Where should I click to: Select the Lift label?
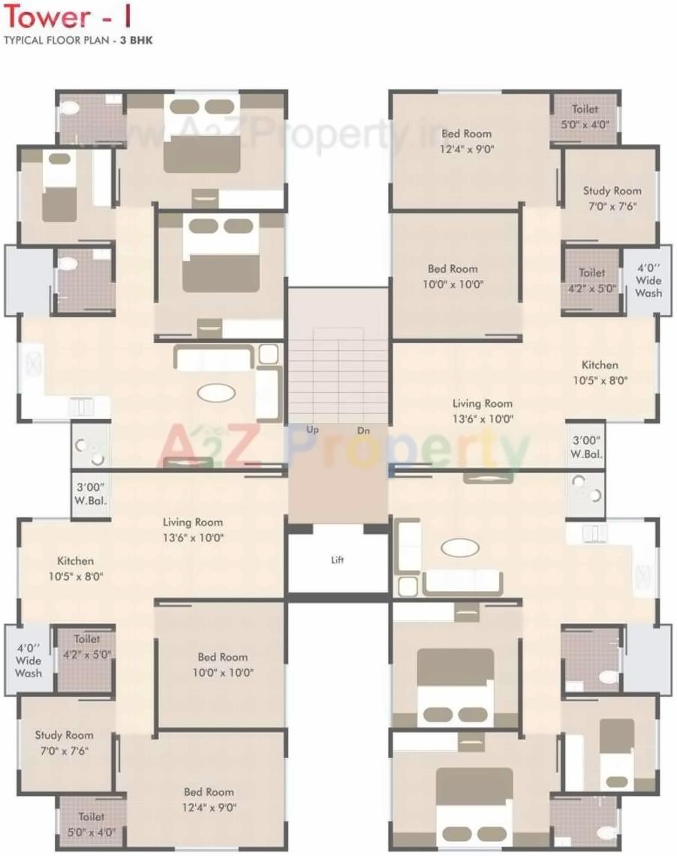tap(338, 559)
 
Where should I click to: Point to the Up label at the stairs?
tap(313, 430)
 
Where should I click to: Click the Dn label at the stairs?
tap(363, 430)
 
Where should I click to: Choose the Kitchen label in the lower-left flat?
tap(76, 561)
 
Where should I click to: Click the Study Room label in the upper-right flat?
tap(612, 191)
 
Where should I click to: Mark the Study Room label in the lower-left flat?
tap(64, 735)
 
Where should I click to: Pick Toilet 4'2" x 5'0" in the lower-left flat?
tap(87, 647)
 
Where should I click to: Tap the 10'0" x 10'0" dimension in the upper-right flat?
tap(453, 285)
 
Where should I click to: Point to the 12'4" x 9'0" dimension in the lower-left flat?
tap(209, 808)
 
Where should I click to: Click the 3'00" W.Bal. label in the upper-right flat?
tap(585, 447)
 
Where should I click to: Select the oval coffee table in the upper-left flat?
tap(215, 392)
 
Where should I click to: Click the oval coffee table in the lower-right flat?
tap(460, 547)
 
